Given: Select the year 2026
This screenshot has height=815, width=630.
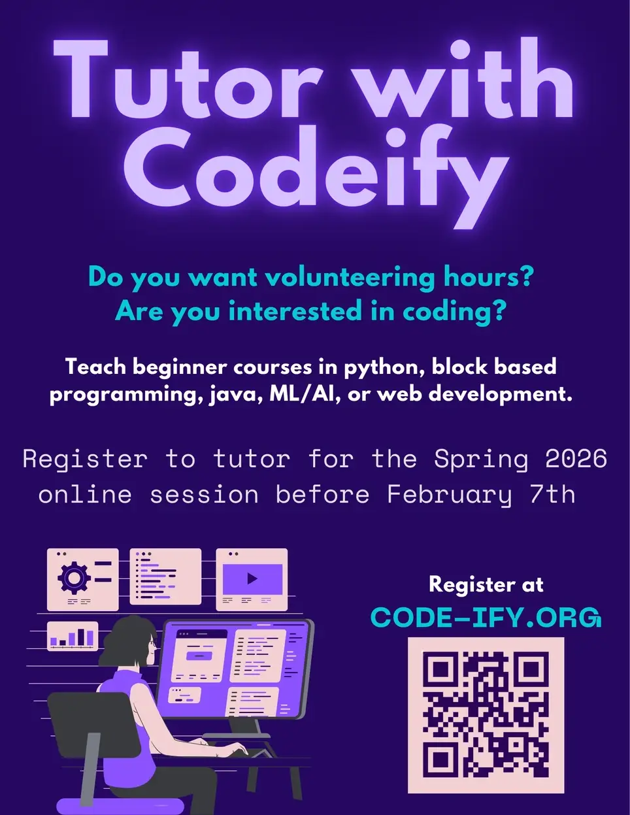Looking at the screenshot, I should (x=576, y=459).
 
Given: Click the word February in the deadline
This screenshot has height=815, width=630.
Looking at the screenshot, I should (x=449, y=494).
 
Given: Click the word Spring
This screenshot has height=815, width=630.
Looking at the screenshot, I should (x=480, y=459).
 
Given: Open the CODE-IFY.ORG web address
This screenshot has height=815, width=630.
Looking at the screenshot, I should (x=485, y=618).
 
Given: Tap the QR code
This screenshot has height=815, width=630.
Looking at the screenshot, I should (x=486, y=714).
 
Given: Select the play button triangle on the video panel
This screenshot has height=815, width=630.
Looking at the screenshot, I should (x=252, y=578).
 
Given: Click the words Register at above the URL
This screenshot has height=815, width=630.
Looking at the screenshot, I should (x=486, y=584).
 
